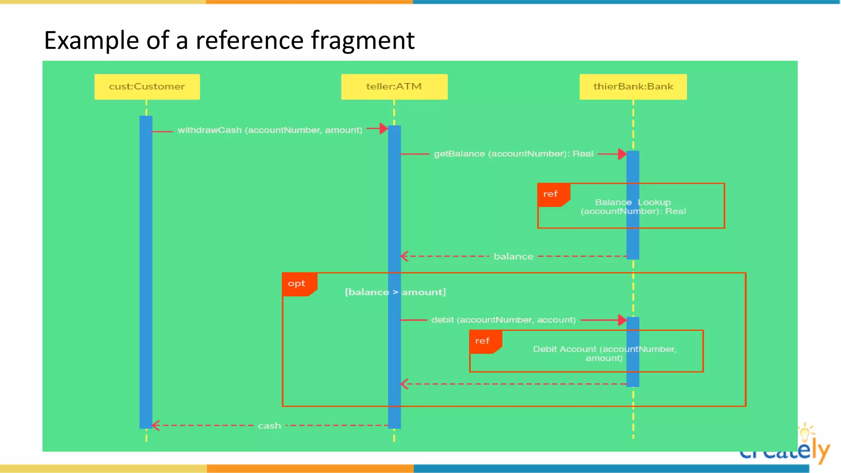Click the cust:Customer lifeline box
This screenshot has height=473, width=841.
click(147, 87)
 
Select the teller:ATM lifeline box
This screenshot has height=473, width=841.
click(394, 87)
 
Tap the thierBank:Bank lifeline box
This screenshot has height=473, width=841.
click(633, 87)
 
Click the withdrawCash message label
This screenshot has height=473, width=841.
click(270, 130)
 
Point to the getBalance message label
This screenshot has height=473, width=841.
click(513, 154)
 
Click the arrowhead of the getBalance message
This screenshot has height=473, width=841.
click(622, 154)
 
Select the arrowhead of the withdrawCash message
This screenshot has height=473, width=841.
click(384, 129)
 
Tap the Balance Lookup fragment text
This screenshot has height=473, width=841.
click(633, 207)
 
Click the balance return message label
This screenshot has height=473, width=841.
click(513, 257)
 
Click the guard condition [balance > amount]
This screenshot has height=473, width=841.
click(395, 292)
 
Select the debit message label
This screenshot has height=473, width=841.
click(503, 320)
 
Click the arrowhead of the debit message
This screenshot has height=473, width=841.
click(622, 320)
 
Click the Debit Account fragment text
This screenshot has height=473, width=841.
click(604, 354)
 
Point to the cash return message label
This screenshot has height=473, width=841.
click(269, 426)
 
